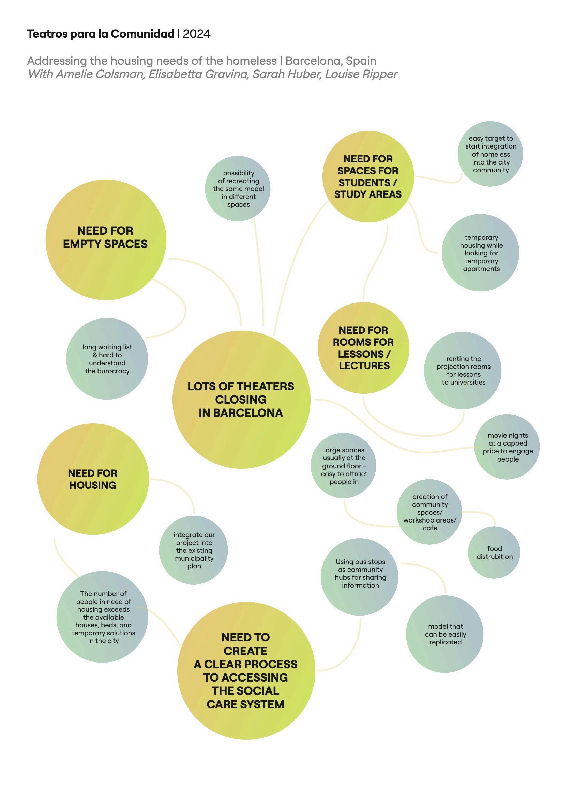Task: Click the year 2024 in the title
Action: [197, 34]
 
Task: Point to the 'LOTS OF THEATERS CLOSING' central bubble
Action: [241, 399]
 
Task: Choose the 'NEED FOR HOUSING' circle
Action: [93, 479]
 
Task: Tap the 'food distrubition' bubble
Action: [494, 552]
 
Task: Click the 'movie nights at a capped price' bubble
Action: [508, 447]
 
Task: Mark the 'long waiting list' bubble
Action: [107, 359]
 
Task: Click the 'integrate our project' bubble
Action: [194, 550]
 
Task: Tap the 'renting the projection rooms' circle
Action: [463, 371]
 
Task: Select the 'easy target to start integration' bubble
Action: [491, 154]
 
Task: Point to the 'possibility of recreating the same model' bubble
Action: [238, 189]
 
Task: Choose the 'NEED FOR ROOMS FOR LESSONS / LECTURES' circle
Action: [364, 348]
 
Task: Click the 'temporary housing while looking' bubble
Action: [481, 253]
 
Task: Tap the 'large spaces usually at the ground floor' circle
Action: [344, 466]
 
